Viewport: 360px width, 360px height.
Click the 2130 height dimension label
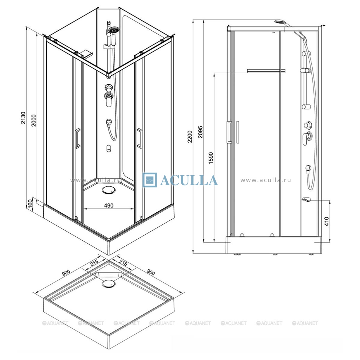(23, 118)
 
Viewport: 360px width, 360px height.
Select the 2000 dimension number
(34, 120)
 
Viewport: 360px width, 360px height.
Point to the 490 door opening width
(109, 205)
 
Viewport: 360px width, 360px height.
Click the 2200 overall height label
(190, 136)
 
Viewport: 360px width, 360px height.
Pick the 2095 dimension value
(200, 132)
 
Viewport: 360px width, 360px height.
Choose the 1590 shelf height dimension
(211, 158)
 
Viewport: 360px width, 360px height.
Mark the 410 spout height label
(327, 221)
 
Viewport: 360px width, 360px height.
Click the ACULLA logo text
(189, 180)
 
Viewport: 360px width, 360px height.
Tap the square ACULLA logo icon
(149, 180)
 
